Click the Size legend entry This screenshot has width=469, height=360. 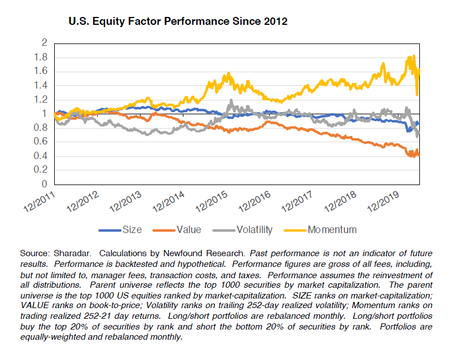coord(132,230)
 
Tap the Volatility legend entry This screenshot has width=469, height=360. coord(255,230)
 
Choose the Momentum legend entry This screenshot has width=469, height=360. coord(332,230)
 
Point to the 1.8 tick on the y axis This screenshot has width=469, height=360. coord(40,57)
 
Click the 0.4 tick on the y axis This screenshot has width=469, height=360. coord(40,156)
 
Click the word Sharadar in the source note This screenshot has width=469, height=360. coord(70,254)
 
